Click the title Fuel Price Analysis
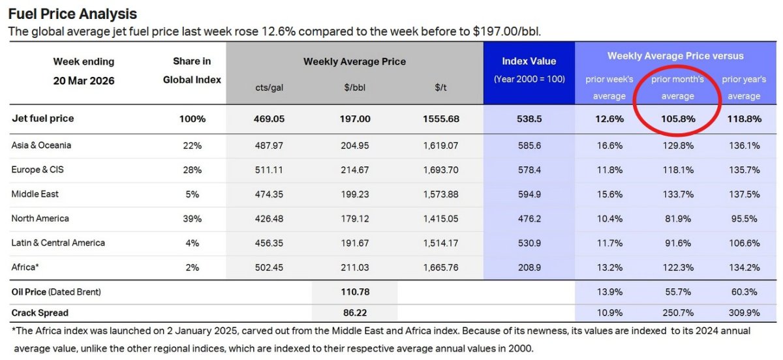tap(72, 13)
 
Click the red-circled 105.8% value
tap(678, 119)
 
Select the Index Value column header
tap(529, 61)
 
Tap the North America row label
tap(40, 218)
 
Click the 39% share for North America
tap(192, 219)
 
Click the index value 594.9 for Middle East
tap(529, 194)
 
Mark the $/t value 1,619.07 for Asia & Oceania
tap(440, 146)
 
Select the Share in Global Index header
tap(192, 70)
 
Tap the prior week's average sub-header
tap(609, 87)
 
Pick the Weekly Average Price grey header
tap(354, 61)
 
